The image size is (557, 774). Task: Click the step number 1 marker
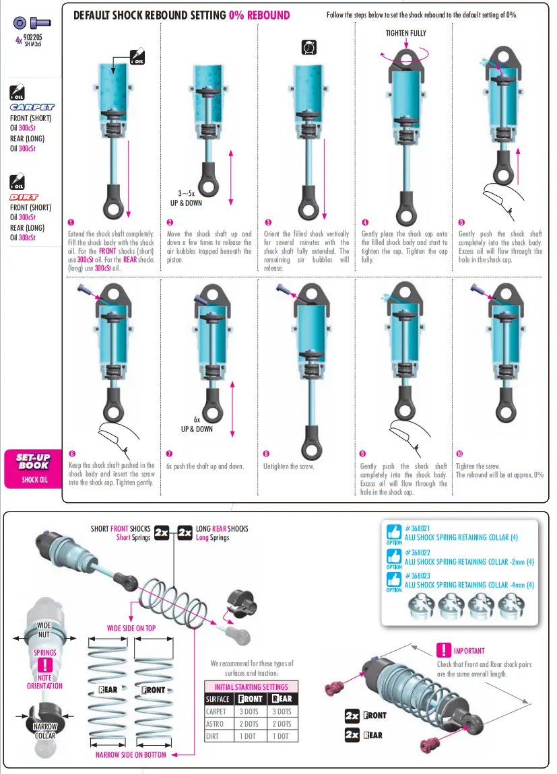coord(71,223)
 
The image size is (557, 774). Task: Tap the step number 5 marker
coord(461,223)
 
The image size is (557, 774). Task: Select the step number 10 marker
coord(459,454)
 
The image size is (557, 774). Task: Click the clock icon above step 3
coord(309,47)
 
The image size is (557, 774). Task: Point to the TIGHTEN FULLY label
coord(406,33)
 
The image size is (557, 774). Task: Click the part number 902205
coord(32,37)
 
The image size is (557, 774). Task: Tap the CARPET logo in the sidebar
coord(32,107)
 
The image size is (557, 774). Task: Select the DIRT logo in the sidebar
coord(24,197)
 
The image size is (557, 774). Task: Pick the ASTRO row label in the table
coord(215,724)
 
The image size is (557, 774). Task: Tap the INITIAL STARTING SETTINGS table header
coord(251,687)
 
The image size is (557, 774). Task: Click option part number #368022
coord(418,553)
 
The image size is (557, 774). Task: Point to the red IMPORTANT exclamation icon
coord(443,651)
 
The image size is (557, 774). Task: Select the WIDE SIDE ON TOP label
coord(131,629)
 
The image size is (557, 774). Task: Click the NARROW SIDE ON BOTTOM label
coord(131,754)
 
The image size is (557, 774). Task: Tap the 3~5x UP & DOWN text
coord(186,198)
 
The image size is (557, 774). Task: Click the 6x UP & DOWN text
coord(197,425)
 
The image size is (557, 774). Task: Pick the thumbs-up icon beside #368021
coord(394,532)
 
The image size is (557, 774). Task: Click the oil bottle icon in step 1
coord(137,57)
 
